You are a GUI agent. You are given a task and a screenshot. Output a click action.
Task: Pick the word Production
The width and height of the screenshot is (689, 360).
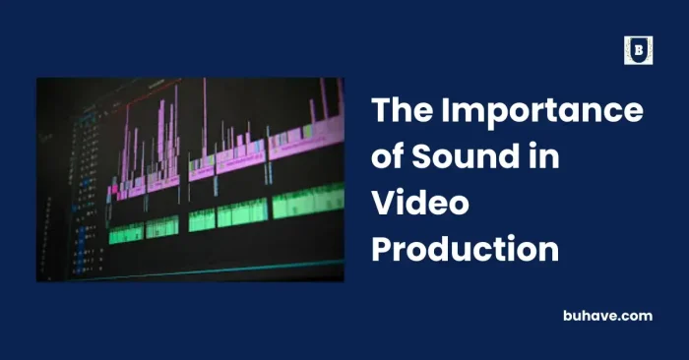pos(465,249)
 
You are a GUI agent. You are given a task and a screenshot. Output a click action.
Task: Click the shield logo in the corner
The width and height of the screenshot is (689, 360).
pos(639,50)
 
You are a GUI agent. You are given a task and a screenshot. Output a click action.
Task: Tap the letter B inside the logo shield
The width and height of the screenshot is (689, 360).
pos(639,49)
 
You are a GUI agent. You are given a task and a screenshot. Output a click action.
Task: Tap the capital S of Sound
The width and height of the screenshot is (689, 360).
pos(420,158)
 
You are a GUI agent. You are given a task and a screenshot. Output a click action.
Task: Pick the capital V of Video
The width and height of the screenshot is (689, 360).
pos(383,204)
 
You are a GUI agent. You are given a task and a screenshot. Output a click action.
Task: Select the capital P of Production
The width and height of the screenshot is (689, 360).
pos(383,249)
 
